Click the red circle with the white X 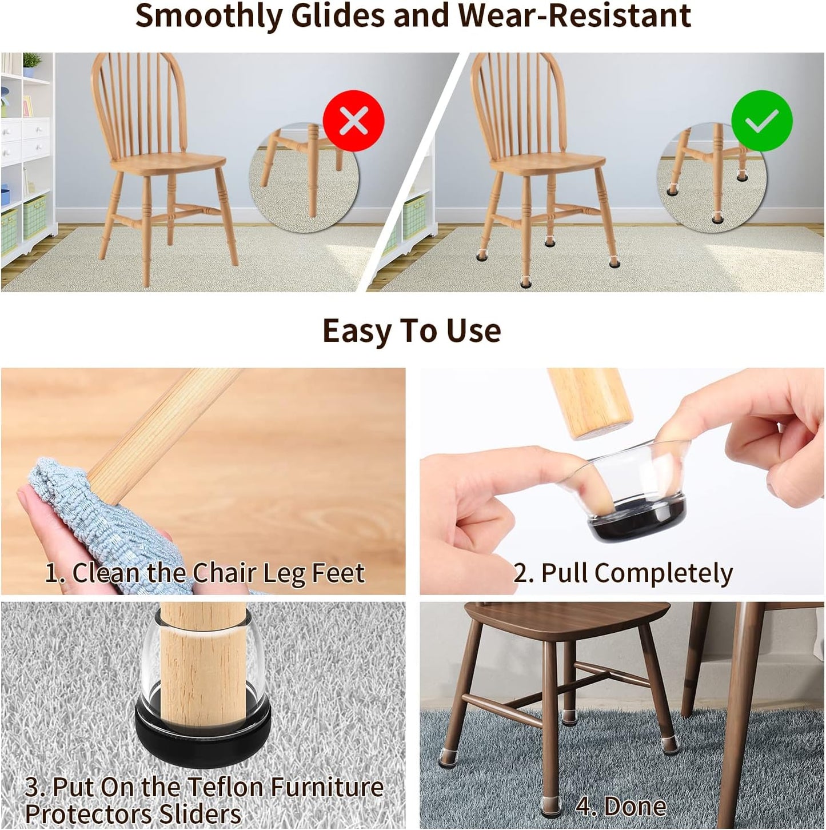click(x=353, y=121)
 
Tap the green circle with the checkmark click(x=761, y=121)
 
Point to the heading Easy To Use click(x=412, y=331)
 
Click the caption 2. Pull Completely click(x=623, y=573)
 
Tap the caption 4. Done click(x=620, y=807)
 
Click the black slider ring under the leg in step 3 click(x=203, y=737)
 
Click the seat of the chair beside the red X click(x=168, y=162)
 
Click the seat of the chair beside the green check click(x=548, y=162)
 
